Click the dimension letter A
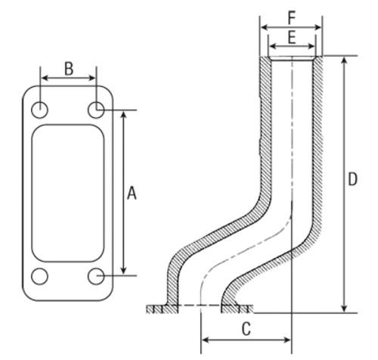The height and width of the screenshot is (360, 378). [x=132, y=193]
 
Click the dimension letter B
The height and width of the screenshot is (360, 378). [x=69, y=69]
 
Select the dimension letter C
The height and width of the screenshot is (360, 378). [x=246, y=329]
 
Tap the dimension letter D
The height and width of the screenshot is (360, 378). [x=352, y=179]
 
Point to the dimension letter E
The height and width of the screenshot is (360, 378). [x=292, y=38]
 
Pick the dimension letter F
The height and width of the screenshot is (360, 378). [x=292, y=18]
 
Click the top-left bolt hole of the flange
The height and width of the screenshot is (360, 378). [x=39, y=110]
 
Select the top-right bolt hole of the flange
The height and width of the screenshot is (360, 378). [x=96, y=110]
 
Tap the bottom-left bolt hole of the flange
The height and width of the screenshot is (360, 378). [x=39, y=276]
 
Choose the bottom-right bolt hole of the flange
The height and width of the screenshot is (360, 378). [x=96, y=276]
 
